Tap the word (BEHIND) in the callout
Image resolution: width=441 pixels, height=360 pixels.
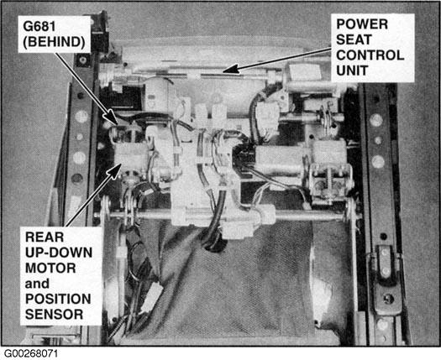(x=54, y=42)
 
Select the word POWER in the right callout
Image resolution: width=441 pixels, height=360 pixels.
(x=362, y=24)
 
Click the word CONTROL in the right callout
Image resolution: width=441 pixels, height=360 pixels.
(x=370, y=55)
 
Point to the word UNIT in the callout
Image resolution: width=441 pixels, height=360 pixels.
(x=352, y=70)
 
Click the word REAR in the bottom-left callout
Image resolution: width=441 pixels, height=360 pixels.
(x=45, y=237)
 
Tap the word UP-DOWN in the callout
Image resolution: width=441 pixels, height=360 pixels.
(x=59, y=253)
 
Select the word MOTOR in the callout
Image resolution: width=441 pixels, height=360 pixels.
(x=50, y=268)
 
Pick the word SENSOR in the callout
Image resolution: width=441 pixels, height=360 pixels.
(x=54, y=314)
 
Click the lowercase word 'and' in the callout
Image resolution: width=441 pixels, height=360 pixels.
(x=37, y=284)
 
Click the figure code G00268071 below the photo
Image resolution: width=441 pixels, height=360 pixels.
(x=30, y=354)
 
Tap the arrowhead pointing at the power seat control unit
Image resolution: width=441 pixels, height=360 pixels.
(x=231, y=69)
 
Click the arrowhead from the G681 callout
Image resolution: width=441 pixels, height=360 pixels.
(x=113, y=117)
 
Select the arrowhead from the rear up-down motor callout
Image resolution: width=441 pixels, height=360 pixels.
(x=115, y=170)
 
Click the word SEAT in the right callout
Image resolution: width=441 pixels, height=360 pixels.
(x=354, y=39)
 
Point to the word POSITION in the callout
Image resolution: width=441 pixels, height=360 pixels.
(x=58, y=299)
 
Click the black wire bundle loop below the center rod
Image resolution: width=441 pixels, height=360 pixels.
(x=213, y=241)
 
